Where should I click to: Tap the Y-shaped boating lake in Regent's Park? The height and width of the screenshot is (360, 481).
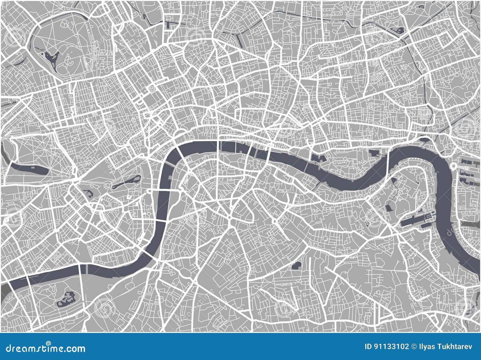pyautogui.click(x=51, y=59)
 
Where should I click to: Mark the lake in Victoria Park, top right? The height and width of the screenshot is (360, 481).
pyautogui.click(x=399, y=30)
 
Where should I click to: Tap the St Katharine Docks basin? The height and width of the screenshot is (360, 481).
pyautogui.click(x=319, y=158)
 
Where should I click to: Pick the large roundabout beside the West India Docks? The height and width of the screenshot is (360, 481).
pyautogui.click(x=454, y=166)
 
